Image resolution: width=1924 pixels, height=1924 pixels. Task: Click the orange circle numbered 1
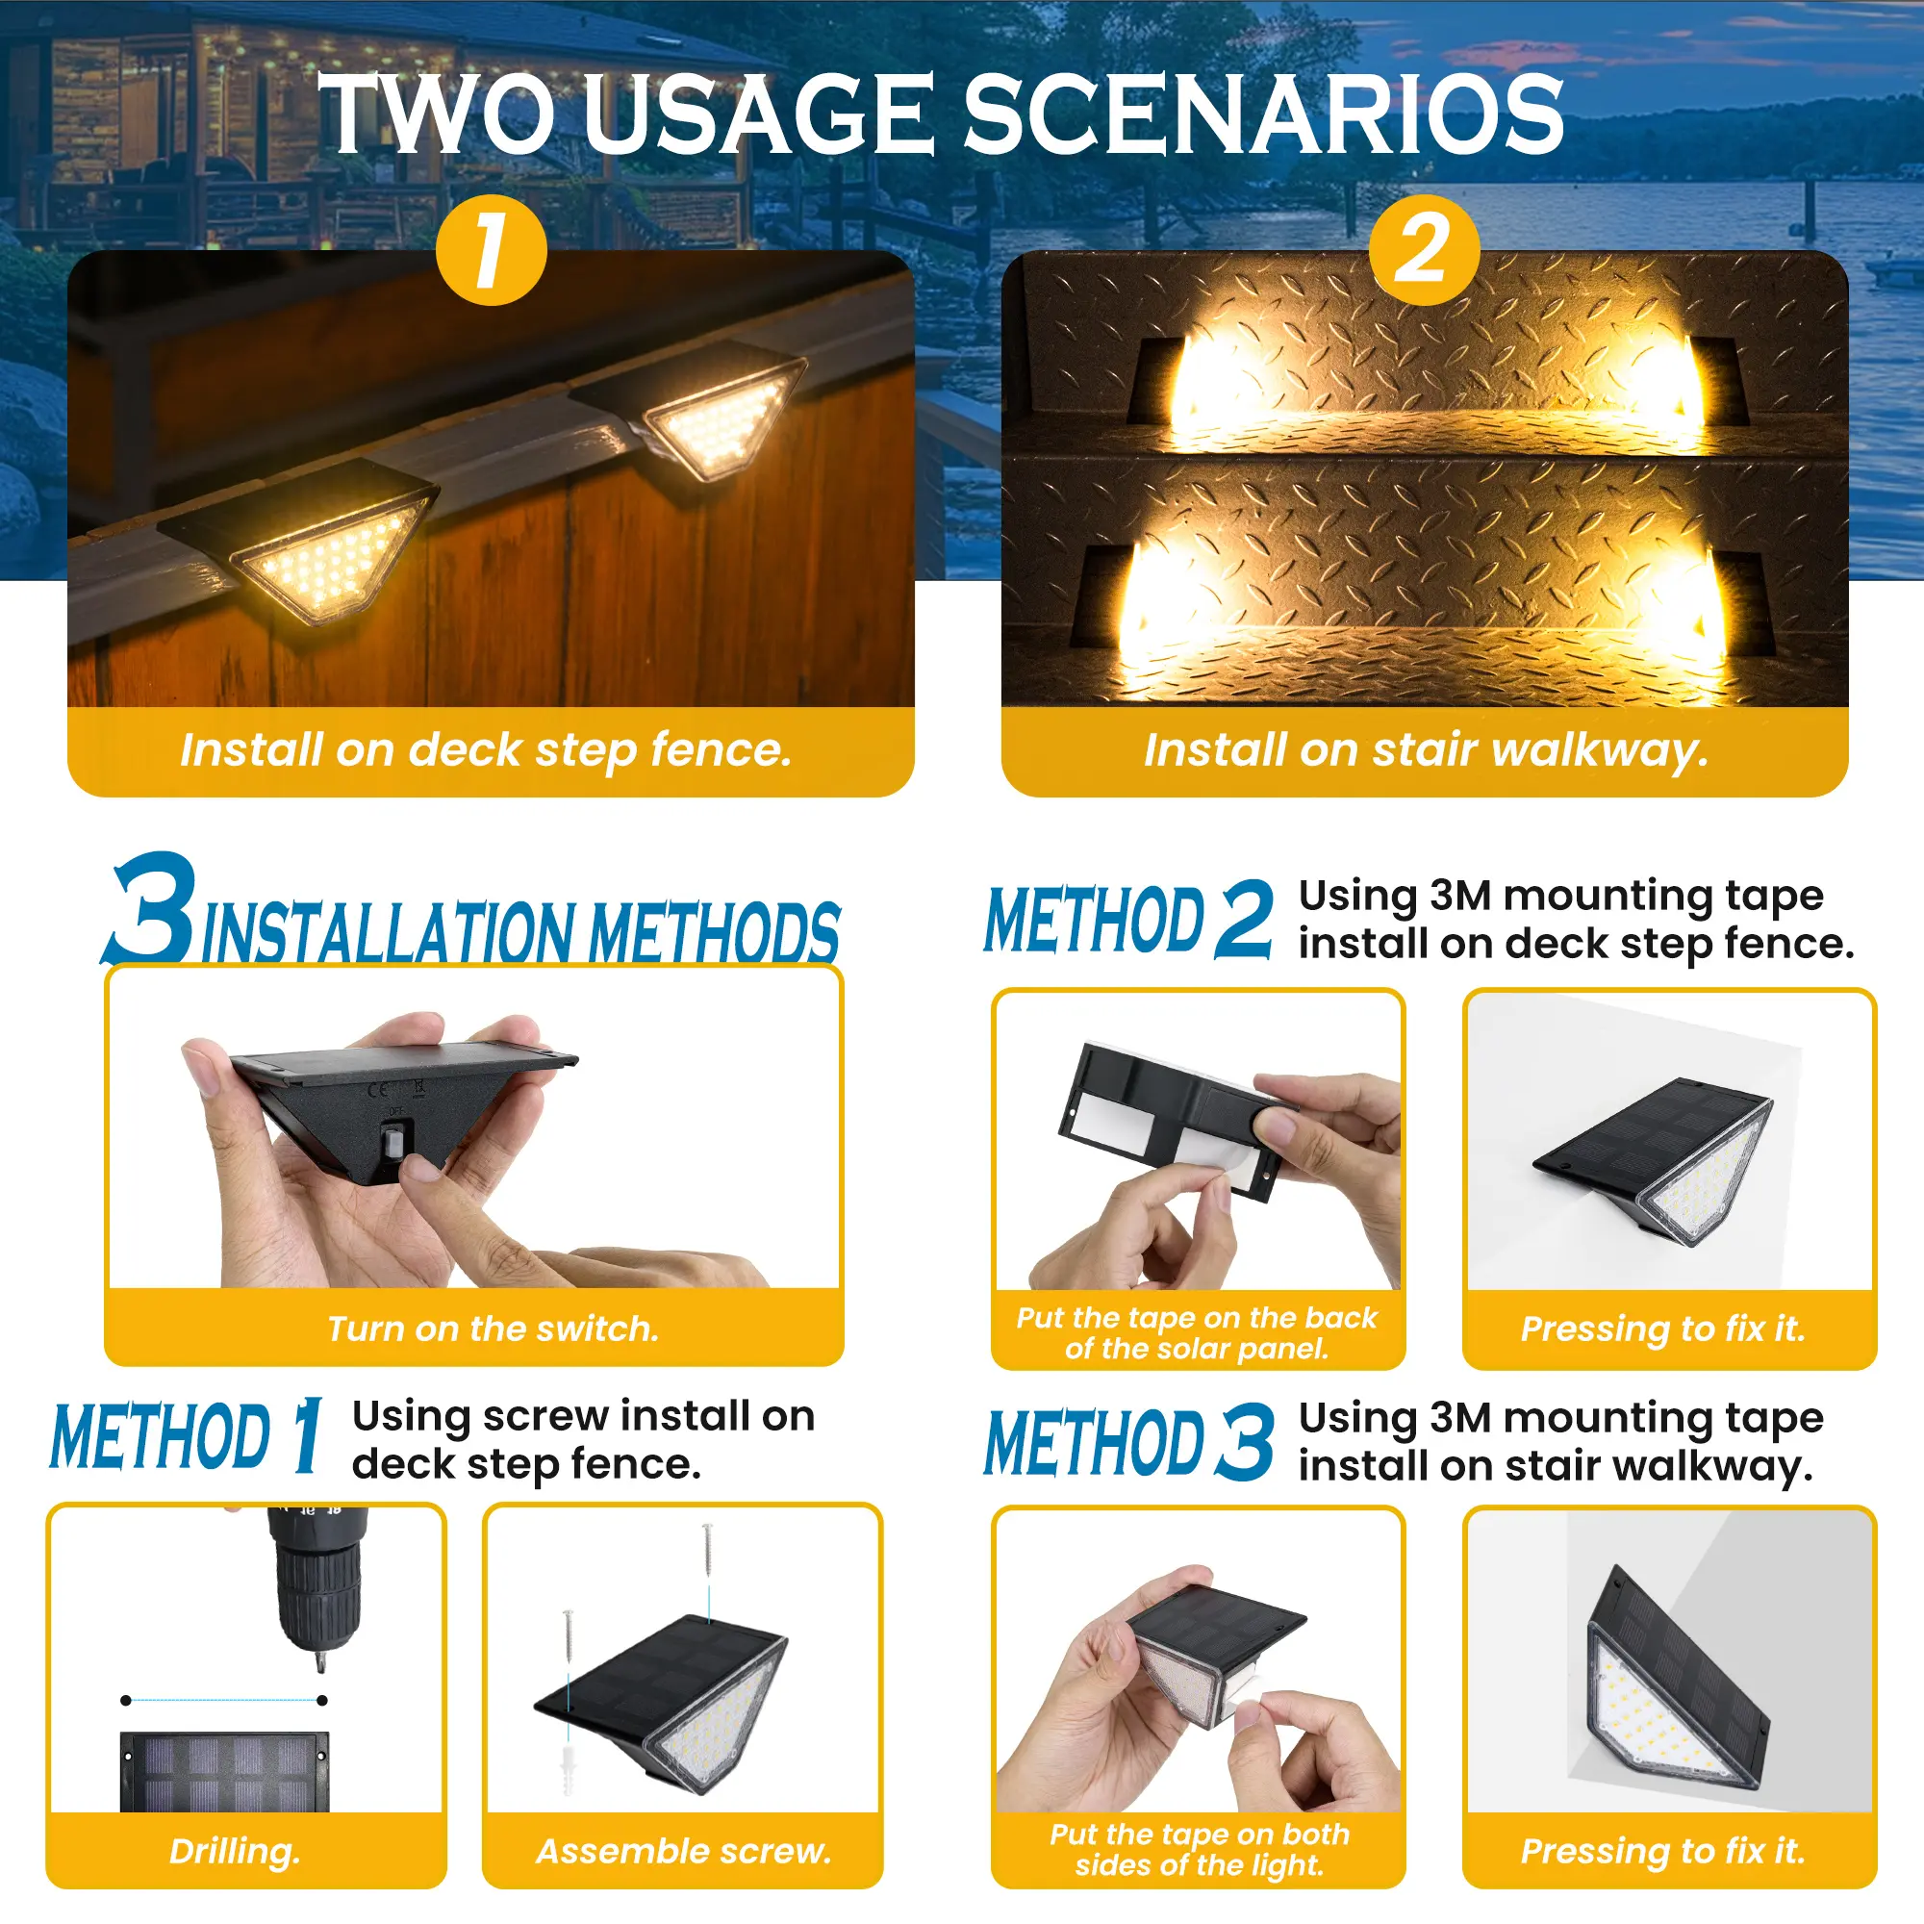tap(492, 249)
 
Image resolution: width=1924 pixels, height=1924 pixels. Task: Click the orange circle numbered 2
tap(1424, 249)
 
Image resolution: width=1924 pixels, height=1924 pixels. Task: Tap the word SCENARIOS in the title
tap(1264, 114)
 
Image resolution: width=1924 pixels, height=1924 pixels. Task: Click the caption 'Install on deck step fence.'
tap(486, 750)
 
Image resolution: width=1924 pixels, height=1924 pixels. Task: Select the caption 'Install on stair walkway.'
tap(1426, 750)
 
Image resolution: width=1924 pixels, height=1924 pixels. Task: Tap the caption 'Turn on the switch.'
tap(493, 1329)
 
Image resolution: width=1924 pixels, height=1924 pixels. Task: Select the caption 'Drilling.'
tap(235, 1851)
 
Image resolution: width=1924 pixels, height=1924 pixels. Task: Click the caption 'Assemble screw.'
tap(683, 1851)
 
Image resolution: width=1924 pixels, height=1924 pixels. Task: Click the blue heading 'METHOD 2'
tap(1128, 918)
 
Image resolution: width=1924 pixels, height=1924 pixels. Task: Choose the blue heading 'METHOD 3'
tap(1128, 1441)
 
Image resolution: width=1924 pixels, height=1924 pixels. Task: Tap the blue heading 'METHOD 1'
tap(188, 1435)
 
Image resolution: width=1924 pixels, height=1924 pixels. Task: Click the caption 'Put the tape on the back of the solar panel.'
tap(1196, 1332)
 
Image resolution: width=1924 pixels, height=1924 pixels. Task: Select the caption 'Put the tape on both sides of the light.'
tap(1199, 1849)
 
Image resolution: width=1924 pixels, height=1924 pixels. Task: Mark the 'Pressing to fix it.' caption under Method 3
tap(1663, 1851)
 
